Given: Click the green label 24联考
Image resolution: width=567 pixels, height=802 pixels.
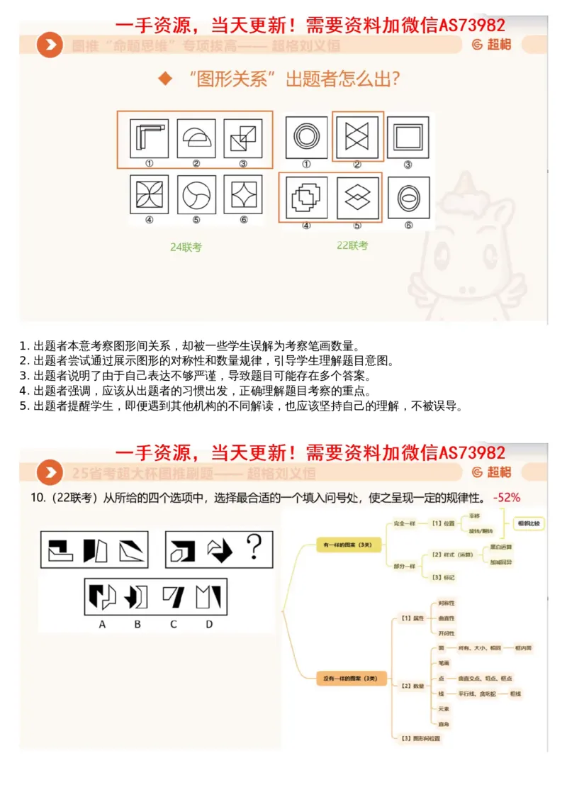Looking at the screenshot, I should pos(186,247).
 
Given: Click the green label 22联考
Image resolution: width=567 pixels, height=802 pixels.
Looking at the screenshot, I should pos(352,245).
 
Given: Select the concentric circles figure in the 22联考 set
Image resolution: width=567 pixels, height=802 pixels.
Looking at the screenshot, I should pos(306,136).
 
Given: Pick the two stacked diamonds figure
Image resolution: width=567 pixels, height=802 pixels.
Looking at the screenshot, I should pos(357,196).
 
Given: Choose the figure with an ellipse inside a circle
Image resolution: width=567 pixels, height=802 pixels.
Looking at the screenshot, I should pos(408,196).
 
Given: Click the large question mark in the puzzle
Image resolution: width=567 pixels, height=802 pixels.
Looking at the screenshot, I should pos(254,547).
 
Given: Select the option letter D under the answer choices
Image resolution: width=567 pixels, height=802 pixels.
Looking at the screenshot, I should pos(209,624).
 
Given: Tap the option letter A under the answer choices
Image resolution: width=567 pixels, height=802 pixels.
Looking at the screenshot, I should pos(102,624).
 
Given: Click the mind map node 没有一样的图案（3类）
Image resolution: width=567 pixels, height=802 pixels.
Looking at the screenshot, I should pos(352,679).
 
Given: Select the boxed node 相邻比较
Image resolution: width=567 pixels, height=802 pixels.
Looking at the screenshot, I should pos(529,525).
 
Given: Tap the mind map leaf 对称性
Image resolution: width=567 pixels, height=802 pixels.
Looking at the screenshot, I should pos(447,603).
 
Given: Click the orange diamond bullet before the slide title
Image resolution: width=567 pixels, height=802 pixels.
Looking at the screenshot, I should pos(165,79).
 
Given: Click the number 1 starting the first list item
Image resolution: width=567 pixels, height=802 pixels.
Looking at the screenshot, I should pos(23,347).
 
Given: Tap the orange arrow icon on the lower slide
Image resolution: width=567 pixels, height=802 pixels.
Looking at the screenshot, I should pos(50,472).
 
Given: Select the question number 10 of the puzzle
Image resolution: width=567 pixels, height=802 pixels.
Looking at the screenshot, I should pos(38,498).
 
